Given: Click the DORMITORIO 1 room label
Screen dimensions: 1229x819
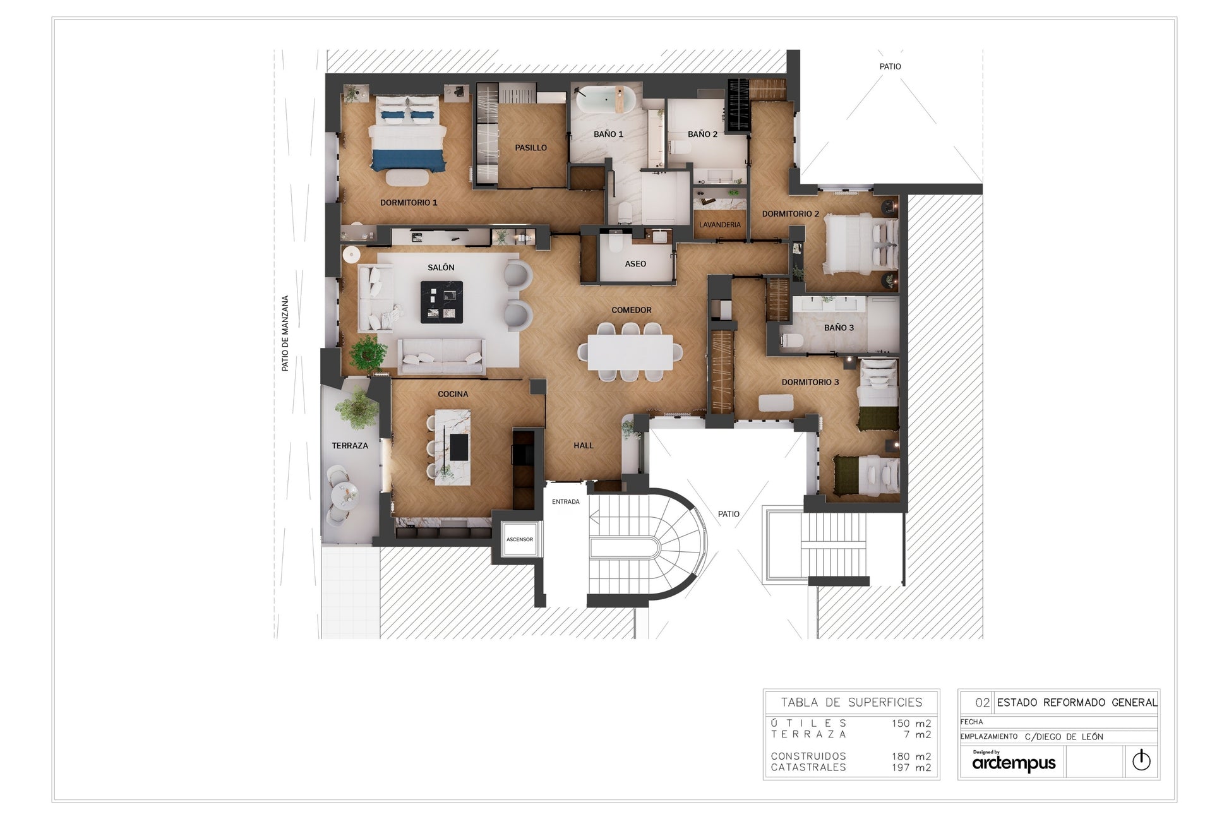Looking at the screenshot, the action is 409,203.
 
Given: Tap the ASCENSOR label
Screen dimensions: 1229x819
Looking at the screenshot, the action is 520,539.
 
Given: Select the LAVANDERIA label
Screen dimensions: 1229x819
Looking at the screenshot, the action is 720,225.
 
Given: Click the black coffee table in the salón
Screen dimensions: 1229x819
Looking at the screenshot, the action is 441,302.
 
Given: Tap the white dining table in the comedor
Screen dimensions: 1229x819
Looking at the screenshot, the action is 630,352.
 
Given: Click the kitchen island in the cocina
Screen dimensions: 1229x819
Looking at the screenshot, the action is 452,446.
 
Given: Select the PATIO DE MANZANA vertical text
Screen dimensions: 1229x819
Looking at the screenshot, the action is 285,333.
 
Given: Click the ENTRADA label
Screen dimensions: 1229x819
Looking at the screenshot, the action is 566,502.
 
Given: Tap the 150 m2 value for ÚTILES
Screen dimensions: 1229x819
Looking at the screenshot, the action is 911,724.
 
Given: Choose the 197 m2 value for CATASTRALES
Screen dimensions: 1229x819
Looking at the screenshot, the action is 911,768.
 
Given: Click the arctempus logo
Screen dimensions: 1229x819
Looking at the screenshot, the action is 1014,762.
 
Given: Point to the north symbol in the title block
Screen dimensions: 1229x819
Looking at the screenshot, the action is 1141,760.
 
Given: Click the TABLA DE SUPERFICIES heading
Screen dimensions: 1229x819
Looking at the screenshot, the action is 851,702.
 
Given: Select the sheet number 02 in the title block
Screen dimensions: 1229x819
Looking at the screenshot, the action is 983,702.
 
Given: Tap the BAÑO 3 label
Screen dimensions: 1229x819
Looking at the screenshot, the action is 839,328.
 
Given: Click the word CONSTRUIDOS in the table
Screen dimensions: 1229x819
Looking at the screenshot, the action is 808,756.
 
